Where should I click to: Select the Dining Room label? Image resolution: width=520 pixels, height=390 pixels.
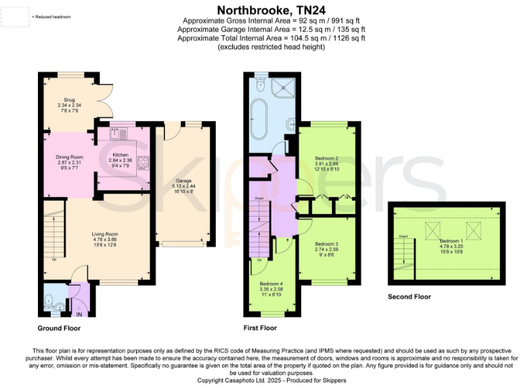pyautogui.click(x=68, y=157)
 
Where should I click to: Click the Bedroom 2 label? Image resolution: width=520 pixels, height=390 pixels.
pyautogui.click(x=326, y=158)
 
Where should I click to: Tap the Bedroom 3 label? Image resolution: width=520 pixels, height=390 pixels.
pyautogui.click(x=326, y=244)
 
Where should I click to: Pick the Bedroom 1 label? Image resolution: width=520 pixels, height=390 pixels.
pyautogui.click(x=450, y=241)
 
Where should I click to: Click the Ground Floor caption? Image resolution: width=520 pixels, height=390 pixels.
pyautogui.click(x=59, y=328)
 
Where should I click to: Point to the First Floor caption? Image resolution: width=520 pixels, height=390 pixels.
pyautogui.click(x=260, y=328)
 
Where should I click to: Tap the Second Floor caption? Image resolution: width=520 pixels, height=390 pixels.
pyautogui.click(x=409, y=297)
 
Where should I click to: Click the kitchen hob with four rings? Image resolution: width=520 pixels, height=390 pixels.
pyautogui.click(x=143, y=162)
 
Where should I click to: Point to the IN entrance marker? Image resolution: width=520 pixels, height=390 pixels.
pyautogui.click(x=79, y=313)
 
